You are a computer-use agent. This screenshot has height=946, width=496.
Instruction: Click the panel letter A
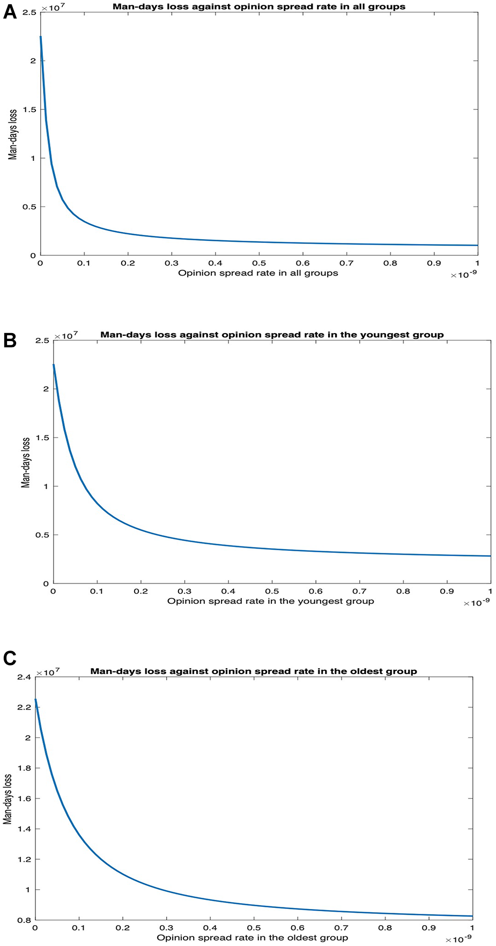point(9,12)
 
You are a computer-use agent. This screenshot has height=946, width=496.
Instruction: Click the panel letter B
point(9,341)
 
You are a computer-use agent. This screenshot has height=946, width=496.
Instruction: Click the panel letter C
point(9,658)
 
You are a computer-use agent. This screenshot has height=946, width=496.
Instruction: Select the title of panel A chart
point(258,7)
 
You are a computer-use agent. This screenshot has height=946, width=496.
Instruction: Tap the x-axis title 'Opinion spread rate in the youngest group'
point(270,601)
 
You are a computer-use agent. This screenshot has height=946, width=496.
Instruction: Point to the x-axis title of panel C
point(252,937)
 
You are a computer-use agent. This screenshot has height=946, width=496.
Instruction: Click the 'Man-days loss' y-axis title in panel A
point(13,134)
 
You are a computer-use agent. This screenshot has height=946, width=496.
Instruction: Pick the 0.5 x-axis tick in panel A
point(258,263)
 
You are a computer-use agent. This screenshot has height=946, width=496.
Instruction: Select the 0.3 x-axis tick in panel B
point(184,591)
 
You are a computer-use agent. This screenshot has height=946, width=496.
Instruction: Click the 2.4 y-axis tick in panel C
point(25,677)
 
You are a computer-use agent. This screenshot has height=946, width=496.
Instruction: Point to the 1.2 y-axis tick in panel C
point(25,859)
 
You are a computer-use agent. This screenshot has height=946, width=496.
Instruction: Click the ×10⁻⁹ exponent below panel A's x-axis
point(464,275)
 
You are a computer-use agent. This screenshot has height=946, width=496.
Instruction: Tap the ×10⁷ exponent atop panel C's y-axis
point(48,671)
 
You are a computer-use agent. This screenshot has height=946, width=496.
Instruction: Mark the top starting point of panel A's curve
point(40,36)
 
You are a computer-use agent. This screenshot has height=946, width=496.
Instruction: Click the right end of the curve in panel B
point(490,556)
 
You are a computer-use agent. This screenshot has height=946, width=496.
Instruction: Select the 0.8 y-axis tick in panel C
point(25,920)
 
